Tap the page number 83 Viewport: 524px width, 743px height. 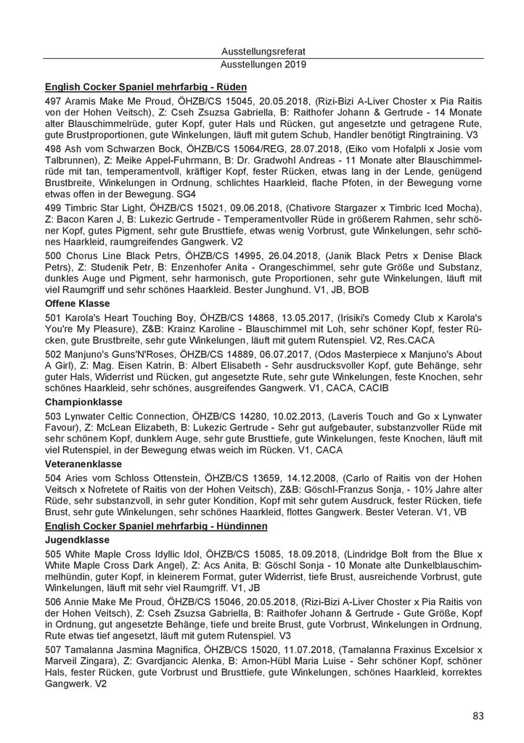coord(478,716)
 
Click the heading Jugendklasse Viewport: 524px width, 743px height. coord(76,541)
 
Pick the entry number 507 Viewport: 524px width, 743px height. coord(54,647)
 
